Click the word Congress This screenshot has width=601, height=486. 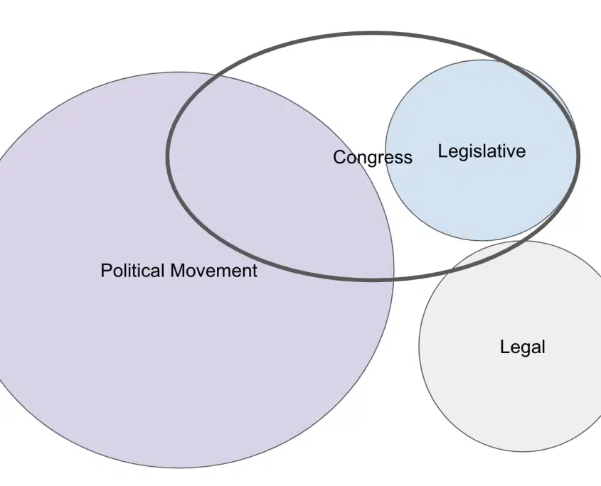373,158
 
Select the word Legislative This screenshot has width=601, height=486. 482,151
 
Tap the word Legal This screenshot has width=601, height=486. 523,347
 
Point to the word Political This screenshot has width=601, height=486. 132,271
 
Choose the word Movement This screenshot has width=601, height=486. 214,271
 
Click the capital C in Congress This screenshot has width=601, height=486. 339,157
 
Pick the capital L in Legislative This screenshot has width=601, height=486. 443,151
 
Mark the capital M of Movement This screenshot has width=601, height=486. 178,271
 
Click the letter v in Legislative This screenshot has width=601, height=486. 510,153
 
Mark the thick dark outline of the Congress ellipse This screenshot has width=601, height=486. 372,33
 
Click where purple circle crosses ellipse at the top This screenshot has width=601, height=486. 220,77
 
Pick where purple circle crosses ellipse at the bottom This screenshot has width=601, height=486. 393,279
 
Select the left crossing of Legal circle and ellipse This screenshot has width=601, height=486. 447,273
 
